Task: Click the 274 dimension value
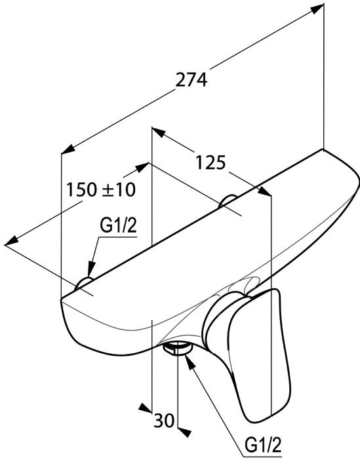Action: (x=191, y=80)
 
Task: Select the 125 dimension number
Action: (x=211, y=163)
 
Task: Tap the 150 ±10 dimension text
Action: (x=101, y=189)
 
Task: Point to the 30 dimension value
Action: (x=164, y=421)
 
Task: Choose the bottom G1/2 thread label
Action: (x=263, y=446)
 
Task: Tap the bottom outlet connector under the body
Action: (x=177, y=348)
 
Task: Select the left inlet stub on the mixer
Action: (x=84, y=283)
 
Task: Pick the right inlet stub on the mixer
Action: (x=228, y=201)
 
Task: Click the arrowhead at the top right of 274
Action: (x=317, y=9)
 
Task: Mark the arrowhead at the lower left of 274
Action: (x=68, y=149)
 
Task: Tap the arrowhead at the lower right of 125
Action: (x=264, y=191)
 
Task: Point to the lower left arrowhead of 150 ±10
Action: (x=12, y=240)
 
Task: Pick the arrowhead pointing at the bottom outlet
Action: (x=190, y=360)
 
